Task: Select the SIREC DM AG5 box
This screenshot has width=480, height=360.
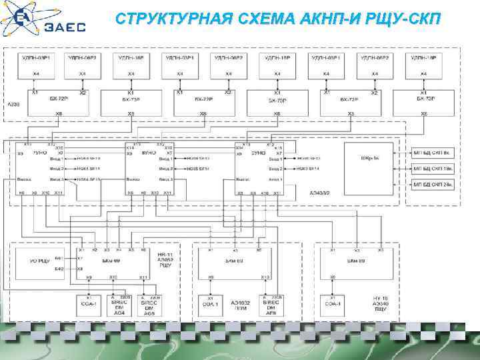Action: tap(147, 305)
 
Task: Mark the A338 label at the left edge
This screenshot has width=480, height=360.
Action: tap(13, 105)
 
